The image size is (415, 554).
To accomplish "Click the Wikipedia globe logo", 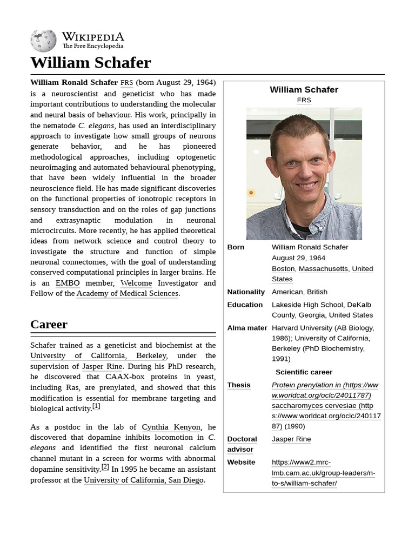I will pyautogui.click(x=44, y=41).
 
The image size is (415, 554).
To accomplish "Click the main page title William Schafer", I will pyautogui.click(x=90, y=63).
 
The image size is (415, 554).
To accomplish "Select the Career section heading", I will pyautogui.click(x=49, y=325).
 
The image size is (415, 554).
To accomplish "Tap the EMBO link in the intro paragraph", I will pyautogui.click(x=68, y=283).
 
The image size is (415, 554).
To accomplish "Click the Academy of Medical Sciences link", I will pyautogui.click(x=128, y=294).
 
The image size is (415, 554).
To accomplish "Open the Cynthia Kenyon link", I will pyautogui.click(x=171, y=427).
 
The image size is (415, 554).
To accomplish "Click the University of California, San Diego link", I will pyautogui.click(x=144, y=480).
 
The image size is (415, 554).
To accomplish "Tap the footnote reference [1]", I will pyautogui.click(x=96, y=406).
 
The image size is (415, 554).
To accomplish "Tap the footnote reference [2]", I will pyautogui.click(x=105, y=466).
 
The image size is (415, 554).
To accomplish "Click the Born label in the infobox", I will pyautogui.click(x=236, y=247).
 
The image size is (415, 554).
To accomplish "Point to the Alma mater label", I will pyautogui.click(x=247, y=328).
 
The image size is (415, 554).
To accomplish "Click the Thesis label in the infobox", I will pyautogui.click(x=239, y=385).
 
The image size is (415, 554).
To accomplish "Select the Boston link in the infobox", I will pyautogui.click(x=283, y=269).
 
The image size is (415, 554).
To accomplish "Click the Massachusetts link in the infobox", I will pyautogui.click(x=323, y=269).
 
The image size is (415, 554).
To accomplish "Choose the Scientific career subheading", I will pyautogui.click(x=304, y=372).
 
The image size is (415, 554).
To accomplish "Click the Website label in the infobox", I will pyautogui.click(x=241, y=462).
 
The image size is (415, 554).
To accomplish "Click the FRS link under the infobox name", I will pyautogui.click(x=304, y=100).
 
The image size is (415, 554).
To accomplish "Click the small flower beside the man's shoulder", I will pyautogui.click(x=251, y=192).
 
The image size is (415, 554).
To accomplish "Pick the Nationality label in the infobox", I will pyautogui.click(x=246, y=292).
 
